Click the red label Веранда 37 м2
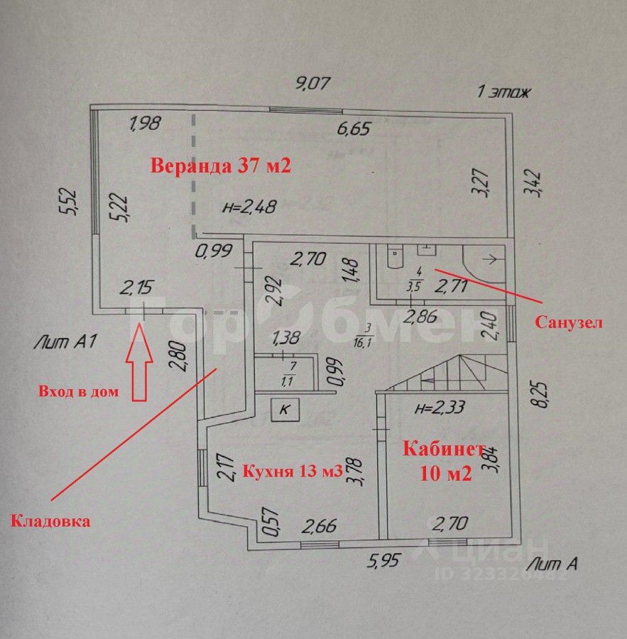click(x=221, y=166)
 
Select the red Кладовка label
click(x=50, y=521)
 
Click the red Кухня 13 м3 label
click(x=293, y=471)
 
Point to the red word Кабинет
click(x=445, y=449)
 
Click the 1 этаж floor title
click(x=503, y=92)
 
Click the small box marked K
click(x=285, y=409)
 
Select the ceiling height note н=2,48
click(x=249, y=207)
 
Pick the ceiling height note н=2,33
click(x=441, y=408)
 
